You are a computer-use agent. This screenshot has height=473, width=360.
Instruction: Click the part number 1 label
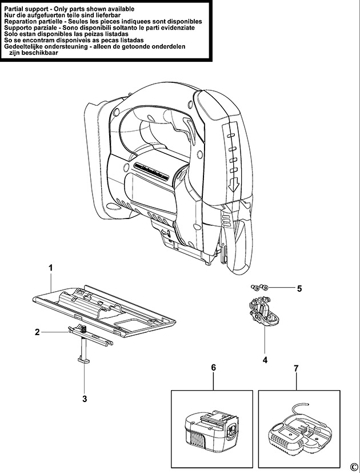pos(51,268)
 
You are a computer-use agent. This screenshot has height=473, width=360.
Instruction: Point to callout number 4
pos(265,360)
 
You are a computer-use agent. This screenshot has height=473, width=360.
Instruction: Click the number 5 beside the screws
pos(299,288)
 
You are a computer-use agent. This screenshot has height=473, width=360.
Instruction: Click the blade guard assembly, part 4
pos(263,314)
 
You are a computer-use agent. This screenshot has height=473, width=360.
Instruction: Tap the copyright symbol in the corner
pos(353,464)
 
